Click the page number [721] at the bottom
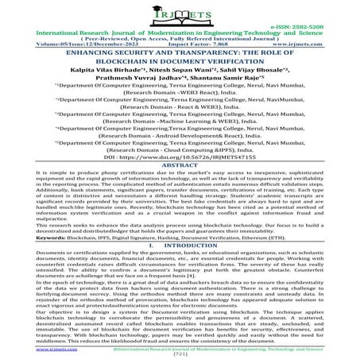click(180, 355)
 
